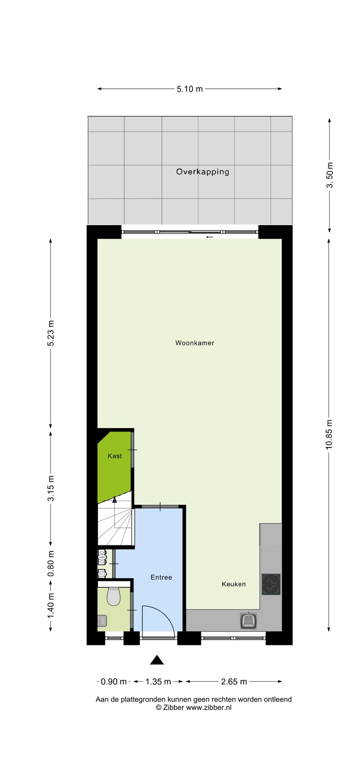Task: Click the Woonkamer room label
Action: click(195, 343)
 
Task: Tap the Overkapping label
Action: click(202, 172)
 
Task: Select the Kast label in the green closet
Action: click(115, 456)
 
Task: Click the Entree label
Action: click(161, 577)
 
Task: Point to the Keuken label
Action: click(233, 584)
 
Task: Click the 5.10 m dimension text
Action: click(190, 89)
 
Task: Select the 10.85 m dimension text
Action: click(329, 435)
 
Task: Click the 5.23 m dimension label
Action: click(51, 333)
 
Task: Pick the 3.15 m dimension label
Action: click(51, 488)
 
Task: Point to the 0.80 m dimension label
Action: click(51, 563)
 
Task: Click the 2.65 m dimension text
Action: click(234, 682)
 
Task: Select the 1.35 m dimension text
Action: click(158, 682)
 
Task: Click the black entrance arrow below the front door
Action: click(157, 660)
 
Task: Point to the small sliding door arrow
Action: click(210, 237)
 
